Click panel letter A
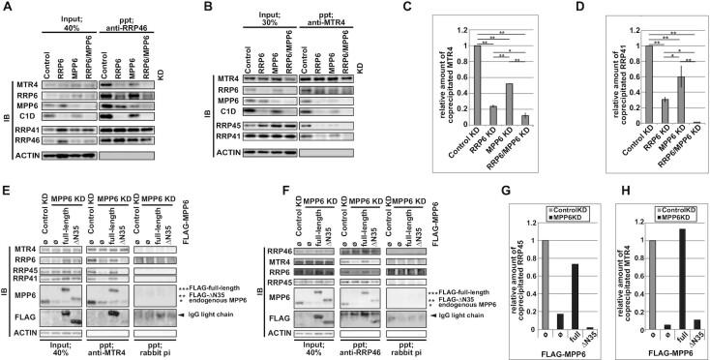[x=7, y=8]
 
